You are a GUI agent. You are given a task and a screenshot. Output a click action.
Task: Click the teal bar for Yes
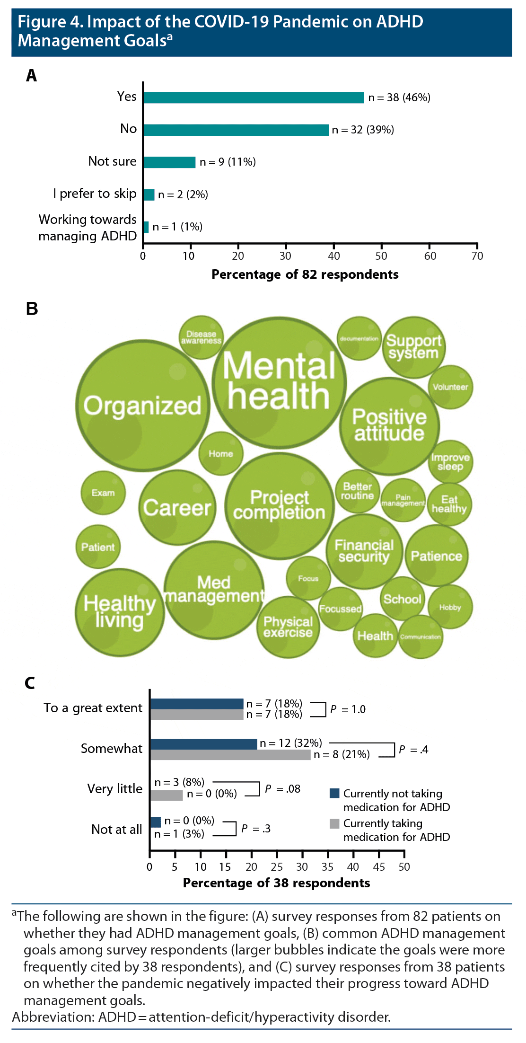click(254, 97)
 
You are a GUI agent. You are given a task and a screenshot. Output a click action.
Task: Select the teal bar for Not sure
click(169, 162)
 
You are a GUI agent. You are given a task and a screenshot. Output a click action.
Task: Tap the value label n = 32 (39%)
click(363, 130)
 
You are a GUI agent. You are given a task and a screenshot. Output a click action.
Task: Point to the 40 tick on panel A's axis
click(334, 256)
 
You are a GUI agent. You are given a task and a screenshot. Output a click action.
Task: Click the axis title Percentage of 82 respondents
click(305, 274)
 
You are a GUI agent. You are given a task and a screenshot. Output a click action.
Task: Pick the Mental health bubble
click(279, 382)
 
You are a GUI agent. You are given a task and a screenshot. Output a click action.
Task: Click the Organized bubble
click(142, 406)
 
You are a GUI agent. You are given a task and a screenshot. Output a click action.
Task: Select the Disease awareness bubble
click(202, 337)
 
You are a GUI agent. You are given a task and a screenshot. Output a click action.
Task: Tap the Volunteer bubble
click(450, 387)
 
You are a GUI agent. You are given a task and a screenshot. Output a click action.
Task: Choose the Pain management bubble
click(403, 500)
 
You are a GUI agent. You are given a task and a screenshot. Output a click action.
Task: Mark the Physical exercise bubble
click(288, 627)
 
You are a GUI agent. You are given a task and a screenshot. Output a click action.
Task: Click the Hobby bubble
click(450, 607)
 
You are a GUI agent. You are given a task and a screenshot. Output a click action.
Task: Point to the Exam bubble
click(103, 493)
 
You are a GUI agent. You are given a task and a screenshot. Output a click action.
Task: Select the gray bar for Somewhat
click(230, 754)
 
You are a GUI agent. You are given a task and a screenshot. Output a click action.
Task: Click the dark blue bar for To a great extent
click(196, 704)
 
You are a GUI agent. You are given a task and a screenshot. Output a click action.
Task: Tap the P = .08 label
click(282, 789)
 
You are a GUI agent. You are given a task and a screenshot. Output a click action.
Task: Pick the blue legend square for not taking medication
click(334, 793)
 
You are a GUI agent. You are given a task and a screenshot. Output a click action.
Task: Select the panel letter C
click(30, 683)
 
